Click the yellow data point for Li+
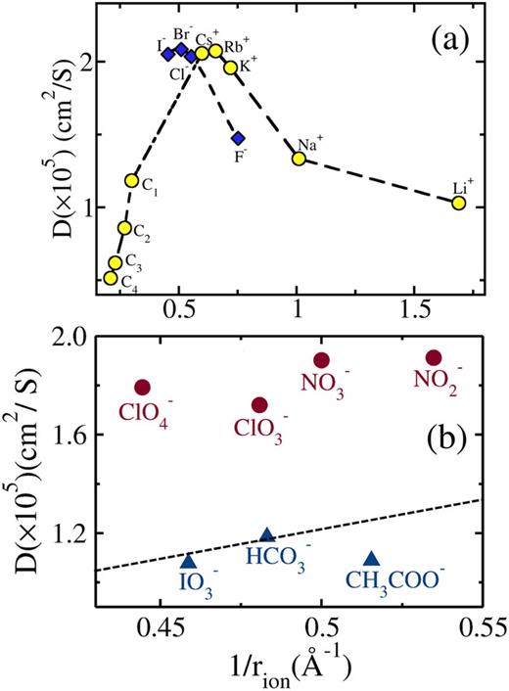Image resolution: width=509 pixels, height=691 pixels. click(x=458, y=203)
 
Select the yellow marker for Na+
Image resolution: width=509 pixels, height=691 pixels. click(x=300, y=159)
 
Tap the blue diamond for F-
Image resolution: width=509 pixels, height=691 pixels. click(x=238, y=138)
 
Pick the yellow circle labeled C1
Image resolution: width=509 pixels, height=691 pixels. click(x=132, y=180)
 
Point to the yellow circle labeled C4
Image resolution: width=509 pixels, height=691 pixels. click(x=112, y=278)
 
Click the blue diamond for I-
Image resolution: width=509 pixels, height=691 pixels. click(x=168, y=55)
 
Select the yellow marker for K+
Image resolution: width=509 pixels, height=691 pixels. click(x=231, y=68)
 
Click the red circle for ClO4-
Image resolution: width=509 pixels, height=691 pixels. click(x=142, y=388)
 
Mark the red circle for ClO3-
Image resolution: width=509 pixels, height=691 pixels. click(x=259, y=404)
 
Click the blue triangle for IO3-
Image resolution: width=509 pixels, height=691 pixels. click(x=189, y=561)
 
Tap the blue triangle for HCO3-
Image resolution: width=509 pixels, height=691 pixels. click(x=266, y=535)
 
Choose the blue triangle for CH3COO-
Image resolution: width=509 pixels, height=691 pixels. click(x=372, y=558)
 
